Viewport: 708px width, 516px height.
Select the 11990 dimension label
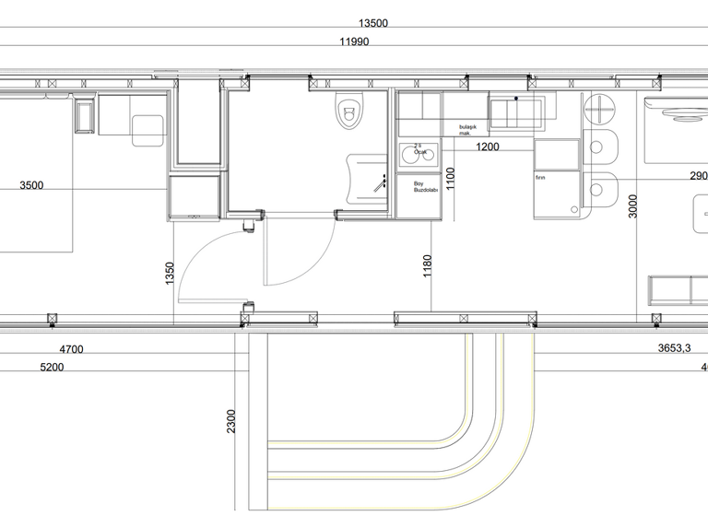354,42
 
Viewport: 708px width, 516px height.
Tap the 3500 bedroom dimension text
31,185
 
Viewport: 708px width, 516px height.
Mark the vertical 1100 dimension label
451,177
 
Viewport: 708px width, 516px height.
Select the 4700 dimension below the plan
71,349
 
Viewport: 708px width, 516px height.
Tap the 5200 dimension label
53,367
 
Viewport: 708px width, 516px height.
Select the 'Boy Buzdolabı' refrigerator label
425,186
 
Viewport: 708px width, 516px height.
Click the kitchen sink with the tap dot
516,113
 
